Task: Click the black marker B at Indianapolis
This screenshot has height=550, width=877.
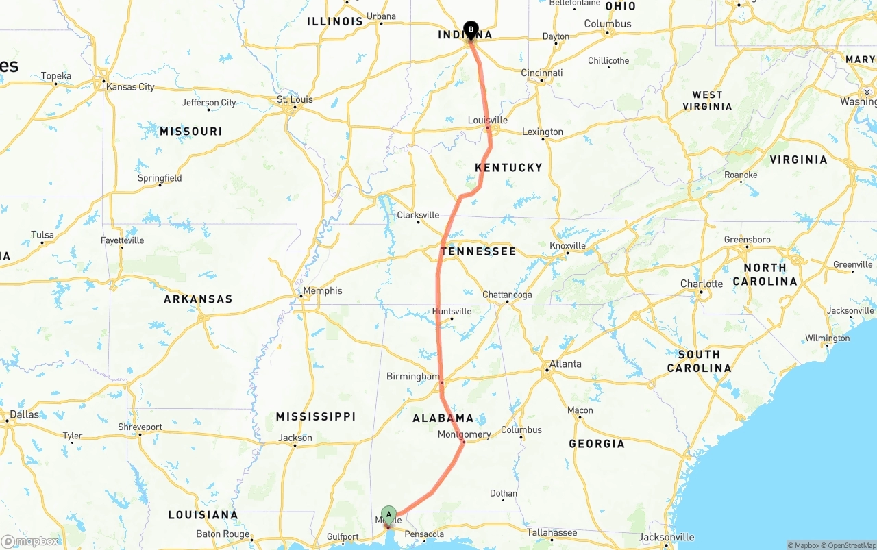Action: click(471, 29)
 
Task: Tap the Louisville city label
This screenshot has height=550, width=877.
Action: click(488, 121)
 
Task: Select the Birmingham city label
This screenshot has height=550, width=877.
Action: click(413, 377)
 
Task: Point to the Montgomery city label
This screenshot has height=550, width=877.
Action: click(465, 434)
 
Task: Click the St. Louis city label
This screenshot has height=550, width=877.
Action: click(295, 99)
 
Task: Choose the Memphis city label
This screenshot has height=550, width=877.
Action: click(322, 290)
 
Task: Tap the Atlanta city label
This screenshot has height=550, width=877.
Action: click(565, 364)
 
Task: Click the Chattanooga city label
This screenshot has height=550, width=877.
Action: click(507, 295)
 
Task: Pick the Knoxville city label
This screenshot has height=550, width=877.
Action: click(567, 246)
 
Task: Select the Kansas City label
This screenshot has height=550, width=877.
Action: click(130, 87)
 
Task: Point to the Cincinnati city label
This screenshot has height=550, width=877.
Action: click(542, 73)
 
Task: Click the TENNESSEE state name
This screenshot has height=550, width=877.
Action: click(478, 251)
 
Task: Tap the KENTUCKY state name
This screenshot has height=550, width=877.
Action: click(508, 168)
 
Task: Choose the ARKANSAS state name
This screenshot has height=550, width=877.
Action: click(198, 299)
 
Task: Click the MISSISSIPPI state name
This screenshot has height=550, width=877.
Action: click(316, 416)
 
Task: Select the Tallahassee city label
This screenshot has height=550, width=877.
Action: click(552, 532)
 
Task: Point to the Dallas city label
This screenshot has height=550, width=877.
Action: click(25, 414)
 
